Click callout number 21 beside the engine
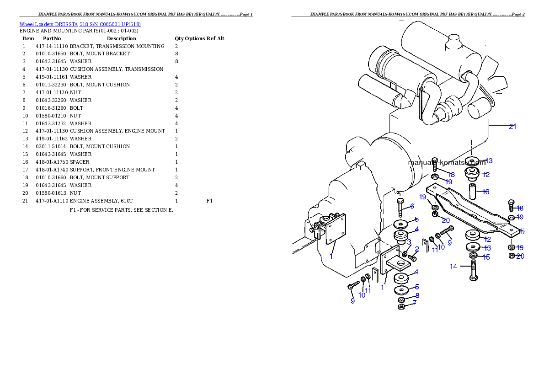pyautogui.click(x=512, y=127)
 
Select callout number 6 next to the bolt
pyautogui.click(x=412, y=207)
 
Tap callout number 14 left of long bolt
pyautogui.click(x=453, y=266)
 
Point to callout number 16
pyautogui.click(x=485, y=192)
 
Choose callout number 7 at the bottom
pyautogui.click(x=414, y=303)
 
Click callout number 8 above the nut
pyautogui.click(x=416, y=296)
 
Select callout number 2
pyautogui.click(x=416, y=249)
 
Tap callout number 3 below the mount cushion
pyautogui.click(x=409, y=242)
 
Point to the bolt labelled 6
pyautogui.click(x=400, y=209)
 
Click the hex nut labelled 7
pyautogui.click(x=401, y=306)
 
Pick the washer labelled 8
pyautogui.click(x=401, y=299)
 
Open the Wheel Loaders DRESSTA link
pyautogui.click(x=80, y=24)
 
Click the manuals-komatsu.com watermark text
pyautogui.click(x=447, y=162)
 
